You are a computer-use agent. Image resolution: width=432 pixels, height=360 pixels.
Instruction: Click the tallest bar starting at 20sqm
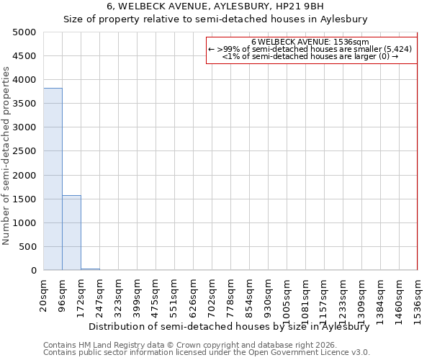pyautogui.click(x=53, y=179)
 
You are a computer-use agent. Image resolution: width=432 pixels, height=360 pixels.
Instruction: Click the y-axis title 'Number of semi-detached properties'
pyautogui.click(x=7, y=156)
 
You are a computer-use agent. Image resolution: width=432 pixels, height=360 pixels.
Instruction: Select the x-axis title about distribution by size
pyautogui.click(x=229, y=326)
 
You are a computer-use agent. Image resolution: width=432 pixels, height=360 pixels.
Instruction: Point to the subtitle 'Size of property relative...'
pyautogui.click(x=215, y=19)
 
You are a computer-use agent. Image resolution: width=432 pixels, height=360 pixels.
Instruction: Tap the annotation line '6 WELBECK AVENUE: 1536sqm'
pyautogui.click(x=310, y=42)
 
